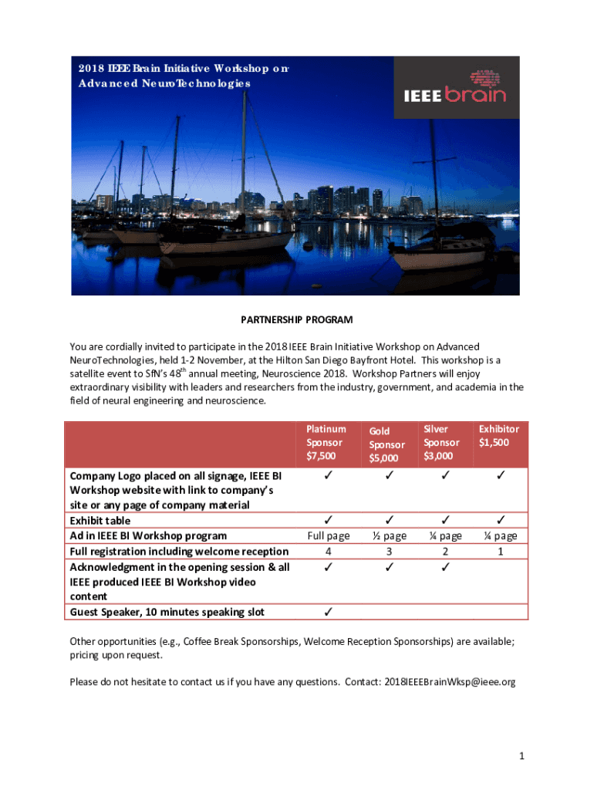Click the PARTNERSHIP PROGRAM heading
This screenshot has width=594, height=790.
tap(296, 319)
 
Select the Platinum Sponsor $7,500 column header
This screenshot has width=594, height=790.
tap(326, 442)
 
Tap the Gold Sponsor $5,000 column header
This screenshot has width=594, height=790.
tap(386, 444)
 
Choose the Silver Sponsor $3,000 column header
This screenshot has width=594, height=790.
tap(441, 442)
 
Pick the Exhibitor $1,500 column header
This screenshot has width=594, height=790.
tap(498, 435)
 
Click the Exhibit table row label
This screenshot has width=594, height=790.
tap(100, 521)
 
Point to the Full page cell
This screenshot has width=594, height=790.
tap(329, 535)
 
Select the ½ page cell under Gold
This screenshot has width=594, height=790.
tap(388, 535)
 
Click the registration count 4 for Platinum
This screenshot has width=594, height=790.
tap(329, 551)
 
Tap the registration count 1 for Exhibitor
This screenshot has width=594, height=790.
tap(500, 551)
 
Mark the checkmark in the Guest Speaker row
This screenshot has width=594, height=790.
tap(329, 612)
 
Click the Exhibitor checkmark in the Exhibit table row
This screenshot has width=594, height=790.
tap(500, 520)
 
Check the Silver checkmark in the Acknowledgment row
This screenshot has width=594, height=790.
tap(445, 567)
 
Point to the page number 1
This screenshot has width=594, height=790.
tap(521, 756)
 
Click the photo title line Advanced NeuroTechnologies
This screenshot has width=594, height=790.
tap(164, 83)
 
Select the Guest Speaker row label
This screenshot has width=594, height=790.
tap(167, 612)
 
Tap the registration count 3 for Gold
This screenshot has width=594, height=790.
tap(388, 551)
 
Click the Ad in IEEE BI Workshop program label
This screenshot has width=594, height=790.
tap(149, 535)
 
